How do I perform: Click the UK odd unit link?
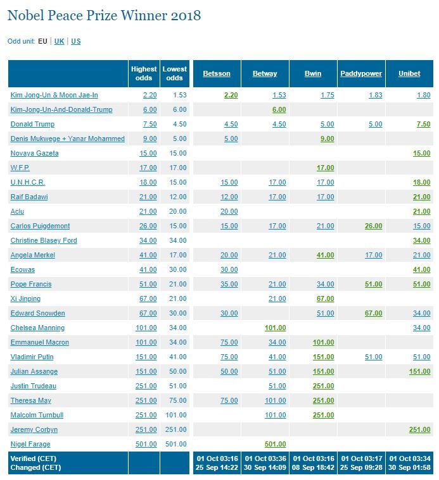click(x=59, y=41)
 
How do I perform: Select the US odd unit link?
click(x=76, y=41)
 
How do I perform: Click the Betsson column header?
click(x=217, y=73)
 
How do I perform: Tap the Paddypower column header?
click(x=361, y=73)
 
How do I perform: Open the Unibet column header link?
click(x=409, y=73)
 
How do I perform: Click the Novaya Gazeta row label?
click(x=34, y=153)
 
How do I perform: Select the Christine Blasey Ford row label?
click(x=44, y=240)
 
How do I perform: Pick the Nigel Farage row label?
click(x=30, y=444)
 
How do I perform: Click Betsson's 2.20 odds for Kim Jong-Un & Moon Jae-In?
click(x=231, y=95)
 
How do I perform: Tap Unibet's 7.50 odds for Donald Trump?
click(x=423, y=125)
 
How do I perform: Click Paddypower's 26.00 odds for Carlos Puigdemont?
click(x=373, y=226)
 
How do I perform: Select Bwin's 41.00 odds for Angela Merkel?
click(x=325, y=255)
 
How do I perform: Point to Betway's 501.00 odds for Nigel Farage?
click(x=276, y=444)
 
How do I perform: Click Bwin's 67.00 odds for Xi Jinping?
click(x=325, y=298)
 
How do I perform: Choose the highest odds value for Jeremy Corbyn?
click(x=146, y=429)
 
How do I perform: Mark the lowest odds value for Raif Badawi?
click(x=178, y=197)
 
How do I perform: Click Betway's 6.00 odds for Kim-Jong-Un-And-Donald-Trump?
click(x=279, y=109)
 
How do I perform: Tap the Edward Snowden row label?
click(x=38, y=313)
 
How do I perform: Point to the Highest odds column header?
click(x=144, y=73)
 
